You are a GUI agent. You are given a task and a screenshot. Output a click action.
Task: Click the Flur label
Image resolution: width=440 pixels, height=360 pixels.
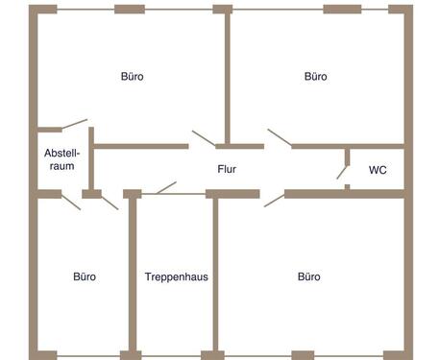click(227, 169)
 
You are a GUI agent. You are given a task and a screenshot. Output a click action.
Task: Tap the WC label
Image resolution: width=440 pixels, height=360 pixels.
click(378, 170)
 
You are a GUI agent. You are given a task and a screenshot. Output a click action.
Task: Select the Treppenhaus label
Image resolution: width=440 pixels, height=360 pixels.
click(177, 276)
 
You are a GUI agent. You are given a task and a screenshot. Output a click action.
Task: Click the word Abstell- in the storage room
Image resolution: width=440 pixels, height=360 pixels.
click(61, 153)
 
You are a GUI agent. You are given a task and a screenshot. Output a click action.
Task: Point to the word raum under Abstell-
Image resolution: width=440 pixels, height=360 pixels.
click(62, 166)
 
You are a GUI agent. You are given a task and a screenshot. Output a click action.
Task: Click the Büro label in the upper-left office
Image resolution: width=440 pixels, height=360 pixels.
click(133, 77)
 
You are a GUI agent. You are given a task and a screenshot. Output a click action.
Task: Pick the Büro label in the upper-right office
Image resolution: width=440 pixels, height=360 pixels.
click(316, 77)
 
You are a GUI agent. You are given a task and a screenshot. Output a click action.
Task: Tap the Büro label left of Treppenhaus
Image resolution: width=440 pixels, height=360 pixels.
click(85, 276)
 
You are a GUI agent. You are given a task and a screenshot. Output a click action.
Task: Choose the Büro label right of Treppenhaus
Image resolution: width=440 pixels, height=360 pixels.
click(309, 276)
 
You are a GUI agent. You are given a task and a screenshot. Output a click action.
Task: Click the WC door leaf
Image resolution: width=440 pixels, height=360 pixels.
click(342, 172)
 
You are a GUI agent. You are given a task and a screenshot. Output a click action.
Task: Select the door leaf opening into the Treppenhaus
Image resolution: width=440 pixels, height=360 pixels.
click(166, 188)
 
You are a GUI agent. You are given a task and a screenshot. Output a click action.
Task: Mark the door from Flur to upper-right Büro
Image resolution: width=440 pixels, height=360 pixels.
click(280, 137)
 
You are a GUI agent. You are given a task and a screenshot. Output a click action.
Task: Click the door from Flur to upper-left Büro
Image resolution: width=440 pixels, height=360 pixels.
click(204, 138)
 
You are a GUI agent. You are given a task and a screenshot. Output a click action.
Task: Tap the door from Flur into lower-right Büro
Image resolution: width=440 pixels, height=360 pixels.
click(275, 200)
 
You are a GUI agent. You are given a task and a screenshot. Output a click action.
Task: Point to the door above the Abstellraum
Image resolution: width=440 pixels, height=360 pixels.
click(74, 124)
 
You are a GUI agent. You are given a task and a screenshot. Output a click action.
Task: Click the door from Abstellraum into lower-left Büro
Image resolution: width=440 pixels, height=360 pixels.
click(71, 202)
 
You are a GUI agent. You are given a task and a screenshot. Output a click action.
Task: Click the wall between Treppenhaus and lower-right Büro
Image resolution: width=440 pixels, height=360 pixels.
click(215, 275)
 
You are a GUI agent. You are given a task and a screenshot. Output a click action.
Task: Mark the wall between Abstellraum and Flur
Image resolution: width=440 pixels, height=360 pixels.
click(91, 158)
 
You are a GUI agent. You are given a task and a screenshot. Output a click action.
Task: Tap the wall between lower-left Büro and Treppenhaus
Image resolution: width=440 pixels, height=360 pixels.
click(133, 275)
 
